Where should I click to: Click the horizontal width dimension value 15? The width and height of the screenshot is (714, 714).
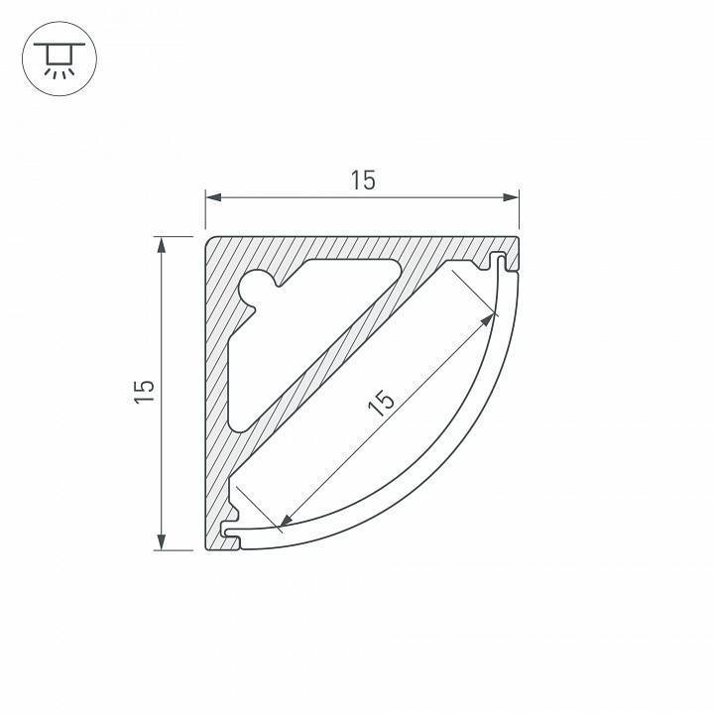tap(362, 180)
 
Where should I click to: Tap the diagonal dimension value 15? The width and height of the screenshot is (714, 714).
tap(383, 403)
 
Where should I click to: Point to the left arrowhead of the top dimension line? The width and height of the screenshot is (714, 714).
tap(211, 198)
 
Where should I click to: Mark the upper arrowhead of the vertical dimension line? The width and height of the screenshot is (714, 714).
tap(161, 243)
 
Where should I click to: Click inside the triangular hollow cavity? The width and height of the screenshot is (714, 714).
tap(297, 317)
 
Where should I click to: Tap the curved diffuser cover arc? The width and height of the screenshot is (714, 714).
tap(436, 466)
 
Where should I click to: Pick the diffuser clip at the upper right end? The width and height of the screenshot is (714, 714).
tap(503, 263)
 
